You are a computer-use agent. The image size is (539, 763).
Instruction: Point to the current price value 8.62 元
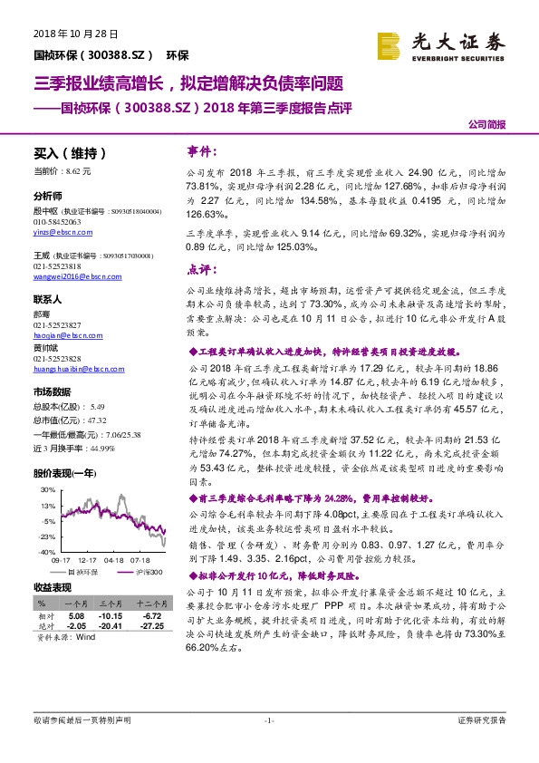point(78,170)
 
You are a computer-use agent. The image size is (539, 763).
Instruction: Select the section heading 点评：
point(201,269)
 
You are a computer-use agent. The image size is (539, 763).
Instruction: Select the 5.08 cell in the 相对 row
point(76,614)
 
